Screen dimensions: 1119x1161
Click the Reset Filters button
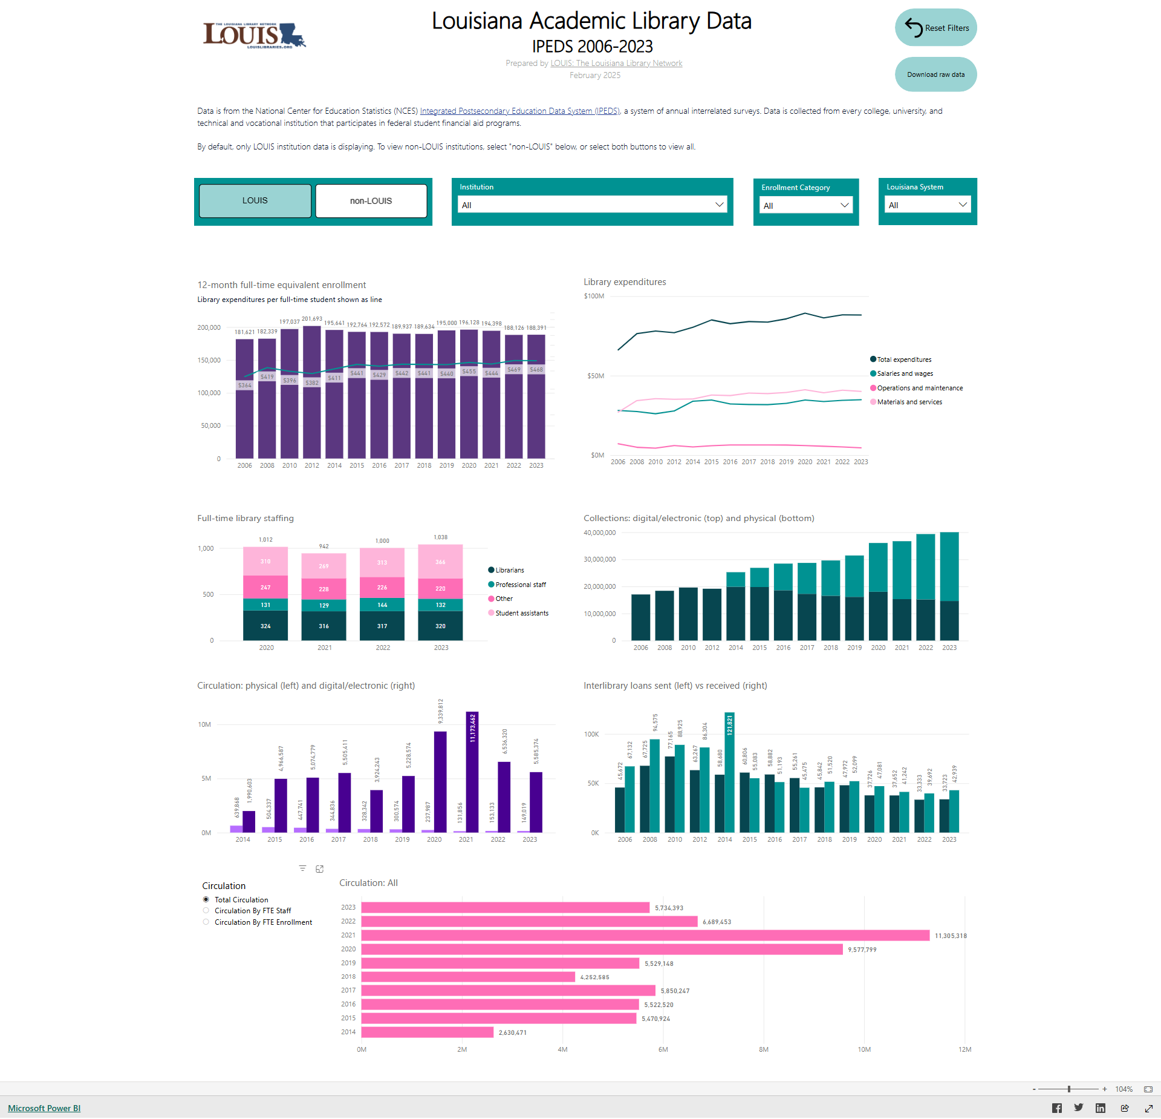click(x=935, y=28)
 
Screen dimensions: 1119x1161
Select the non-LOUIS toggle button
click(x=371, y=201)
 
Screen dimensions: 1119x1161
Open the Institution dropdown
click(x=592, y=205)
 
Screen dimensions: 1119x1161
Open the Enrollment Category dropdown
click(x=805, y=206)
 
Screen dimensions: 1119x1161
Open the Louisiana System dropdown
click(x=927, y=205)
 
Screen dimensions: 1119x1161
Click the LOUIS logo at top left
click(x=254, y=35)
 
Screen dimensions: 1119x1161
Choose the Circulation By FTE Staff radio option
click(x=206, y=911)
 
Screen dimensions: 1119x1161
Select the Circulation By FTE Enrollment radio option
click(x=206, y=922)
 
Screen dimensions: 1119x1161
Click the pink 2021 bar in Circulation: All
click(x=645, y=936)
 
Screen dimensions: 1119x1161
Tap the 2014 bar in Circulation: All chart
click(x=427, y=1032)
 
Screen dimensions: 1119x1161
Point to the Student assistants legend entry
click(x=521, y=613)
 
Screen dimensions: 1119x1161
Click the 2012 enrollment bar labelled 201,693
click(x=312, y=393)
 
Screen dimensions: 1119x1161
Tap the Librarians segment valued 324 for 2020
click(x=265, y=626)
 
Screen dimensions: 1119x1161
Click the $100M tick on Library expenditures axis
click(x=594, y=297)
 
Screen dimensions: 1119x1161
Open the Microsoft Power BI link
click(x=44, y=1108)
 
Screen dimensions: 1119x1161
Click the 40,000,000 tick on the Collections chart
click(x=599, y=533)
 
